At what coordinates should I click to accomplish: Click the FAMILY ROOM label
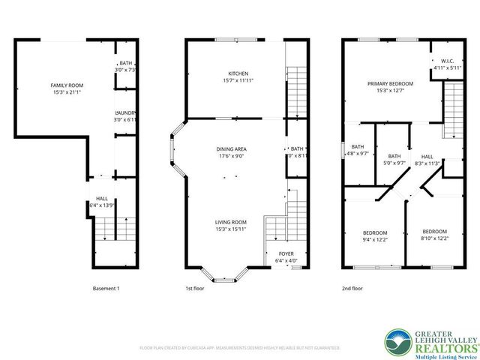coord(55,85)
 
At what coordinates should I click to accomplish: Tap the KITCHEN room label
coord(228,73)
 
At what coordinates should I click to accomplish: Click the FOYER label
coord(286,253)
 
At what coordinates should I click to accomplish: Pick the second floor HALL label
coord(427,155)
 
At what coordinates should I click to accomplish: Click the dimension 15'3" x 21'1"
coord(55,93)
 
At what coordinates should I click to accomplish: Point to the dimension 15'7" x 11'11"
coord(228,80)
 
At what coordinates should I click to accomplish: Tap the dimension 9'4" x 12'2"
coord(376,239)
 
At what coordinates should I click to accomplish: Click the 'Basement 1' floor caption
coord(106,289)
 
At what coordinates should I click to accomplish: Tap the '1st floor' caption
coord(195,289)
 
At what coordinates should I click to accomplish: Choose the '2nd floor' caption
coord(352,289)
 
